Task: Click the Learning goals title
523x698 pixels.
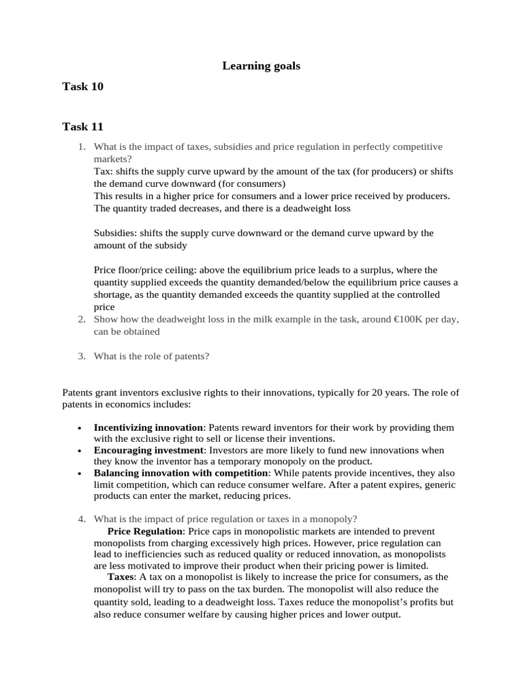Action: click(261, 66)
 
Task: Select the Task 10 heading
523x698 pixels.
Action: click(82, 86)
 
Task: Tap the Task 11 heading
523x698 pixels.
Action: click(82, 126)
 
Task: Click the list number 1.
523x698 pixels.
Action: click(81, 147)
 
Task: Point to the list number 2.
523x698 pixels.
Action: click(81, 319)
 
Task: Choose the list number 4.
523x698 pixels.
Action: click(81, 518)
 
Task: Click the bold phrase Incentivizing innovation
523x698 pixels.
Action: click(148, 427)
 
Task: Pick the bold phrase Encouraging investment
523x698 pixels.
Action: click(148, 450)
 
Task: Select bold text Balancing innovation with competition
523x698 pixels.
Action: click(181, 472)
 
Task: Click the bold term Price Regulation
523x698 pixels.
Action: click(145, 531)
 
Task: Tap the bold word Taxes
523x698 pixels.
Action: click(121, 577)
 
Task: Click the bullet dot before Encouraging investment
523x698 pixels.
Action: click(80, 451)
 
